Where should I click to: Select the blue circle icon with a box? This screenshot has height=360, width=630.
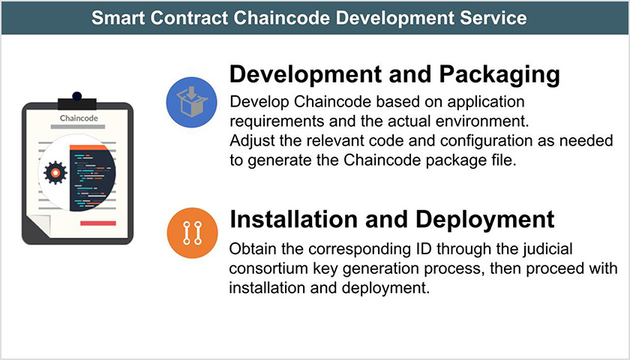pyautogui.click(x=190, y=100)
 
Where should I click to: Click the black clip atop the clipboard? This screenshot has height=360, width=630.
pyautogui.click(x=76, y=100)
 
